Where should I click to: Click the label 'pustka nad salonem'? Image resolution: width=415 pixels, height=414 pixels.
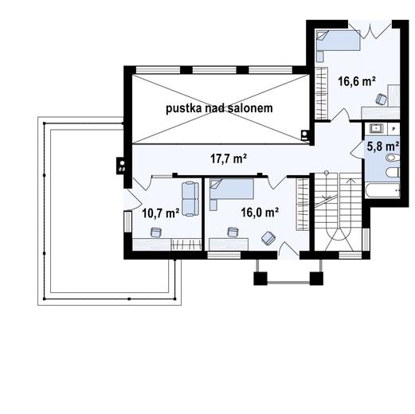pyautogui.click(x=219, y=108)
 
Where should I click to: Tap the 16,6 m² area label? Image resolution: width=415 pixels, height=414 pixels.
pyautogui.click(x=357, y=81)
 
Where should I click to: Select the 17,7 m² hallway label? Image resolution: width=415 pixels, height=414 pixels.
pyautogui.click(x=229, y=158)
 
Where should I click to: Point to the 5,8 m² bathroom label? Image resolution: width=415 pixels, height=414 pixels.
pyautogui.click(x=383, y=146)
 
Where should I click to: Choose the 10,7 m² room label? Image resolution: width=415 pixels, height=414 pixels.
pyautogui.click(x=161, y=213)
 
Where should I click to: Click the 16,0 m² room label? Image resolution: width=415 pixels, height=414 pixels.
pyautogui.click(x=260, y=212)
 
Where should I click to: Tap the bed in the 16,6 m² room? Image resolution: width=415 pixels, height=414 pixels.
pyautogui.click(x=338, y=40)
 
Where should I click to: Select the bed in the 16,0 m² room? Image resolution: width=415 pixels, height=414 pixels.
pyautogui.click(x=232, y=189)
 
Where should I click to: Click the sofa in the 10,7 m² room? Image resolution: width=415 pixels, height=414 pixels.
pyautogui.click(x=190, y=199)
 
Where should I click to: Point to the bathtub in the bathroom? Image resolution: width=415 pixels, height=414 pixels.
pyautogui.click(x=382, y=190)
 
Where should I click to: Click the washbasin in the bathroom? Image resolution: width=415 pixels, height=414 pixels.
pyautogui.click(x=376, y=129)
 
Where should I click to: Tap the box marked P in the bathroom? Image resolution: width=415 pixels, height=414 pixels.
pyautogui.click(x=393, y=129)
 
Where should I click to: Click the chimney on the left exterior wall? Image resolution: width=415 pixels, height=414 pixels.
pyautogui.click(x=121, y=166)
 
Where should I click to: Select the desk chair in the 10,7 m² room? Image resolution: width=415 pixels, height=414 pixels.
pyautogui.click(x=156, y=232)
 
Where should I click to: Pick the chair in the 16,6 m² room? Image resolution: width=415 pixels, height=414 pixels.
pyautogui.click(x=382, y=100)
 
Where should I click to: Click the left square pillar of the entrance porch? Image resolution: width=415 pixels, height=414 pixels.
pyautogui.click(x=260, y=279)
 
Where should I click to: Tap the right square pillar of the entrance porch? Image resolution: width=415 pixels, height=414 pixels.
pyautogui.click(x=316, y=279)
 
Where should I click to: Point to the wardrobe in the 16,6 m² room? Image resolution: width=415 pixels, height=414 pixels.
pyautogui.click(x=321, y=93)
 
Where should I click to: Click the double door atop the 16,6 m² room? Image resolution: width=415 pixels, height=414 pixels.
pyautogui.click(x=370, y=30)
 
